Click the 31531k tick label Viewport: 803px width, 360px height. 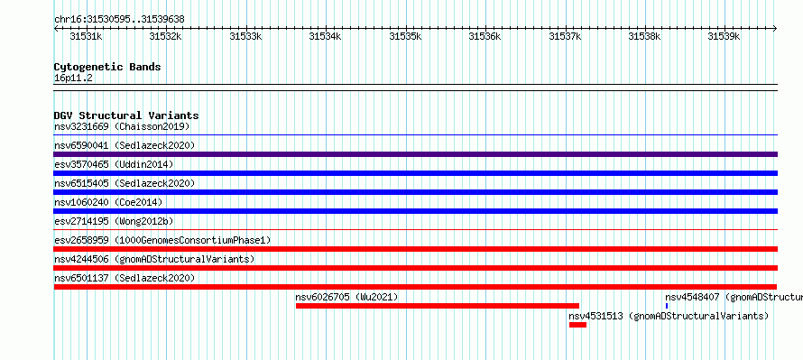86,36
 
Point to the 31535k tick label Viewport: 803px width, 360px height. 406,36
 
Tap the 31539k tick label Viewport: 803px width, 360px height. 725,36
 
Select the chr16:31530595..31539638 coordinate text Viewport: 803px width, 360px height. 119,19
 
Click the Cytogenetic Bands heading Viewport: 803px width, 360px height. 107,67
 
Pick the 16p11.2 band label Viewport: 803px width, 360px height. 73,78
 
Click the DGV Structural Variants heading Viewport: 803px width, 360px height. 126,115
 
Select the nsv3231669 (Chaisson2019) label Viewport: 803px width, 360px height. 122,126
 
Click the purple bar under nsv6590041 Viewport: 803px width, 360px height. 416,154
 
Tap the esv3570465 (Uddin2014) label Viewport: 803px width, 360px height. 114,164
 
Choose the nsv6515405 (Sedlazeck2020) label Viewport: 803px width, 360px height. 125,183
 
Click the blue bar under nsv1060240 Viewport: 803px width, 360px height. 416,211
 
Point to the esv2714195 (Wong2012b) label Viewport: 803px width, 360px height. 114,221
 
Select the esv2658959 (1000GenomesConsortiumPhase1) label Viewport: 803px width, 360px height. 162,240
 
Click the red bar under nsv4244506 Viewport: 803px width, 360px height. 416,268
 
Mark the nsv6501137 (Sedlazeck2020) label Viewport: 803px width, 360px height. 125,278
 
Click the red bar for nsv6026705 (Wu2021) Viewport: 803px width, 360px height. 438,306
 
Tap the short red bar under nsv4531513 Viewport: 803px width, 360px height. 577,325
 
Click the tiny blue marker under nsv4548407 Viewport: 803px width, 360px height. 667,306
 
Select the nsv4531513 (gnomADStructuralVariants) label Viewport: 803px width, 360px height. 669,316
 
